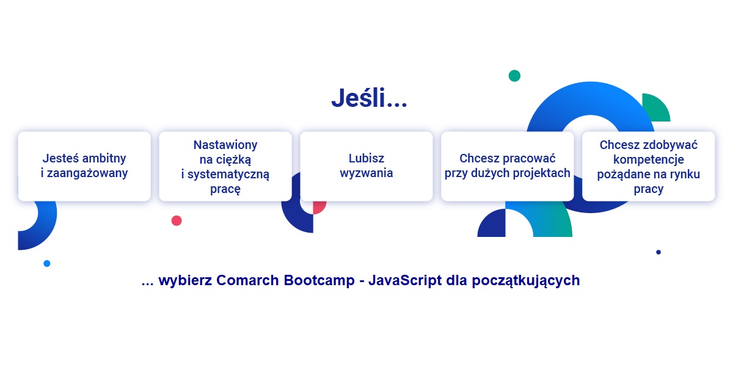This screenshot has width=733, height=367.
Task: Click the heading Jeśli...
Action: pyautogui.click(x=369, y=98)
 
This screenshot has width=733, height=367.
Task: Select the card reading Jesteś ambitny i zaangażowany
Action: pyautogui.click(x=84, y=166)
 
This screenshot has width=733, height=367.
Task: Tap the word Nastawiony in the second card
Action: pyautogui.click(x=225, y=145)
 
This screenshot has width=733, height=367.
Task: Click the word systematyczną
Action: pyautogui.click(x=228, y=174)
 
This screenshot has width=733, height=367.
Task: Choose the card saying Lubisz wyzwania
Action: pyautogui.click(x=366, y=166)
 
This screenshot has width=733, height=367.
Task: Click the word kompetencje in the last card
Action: pyautogui.click(x=649, y=159)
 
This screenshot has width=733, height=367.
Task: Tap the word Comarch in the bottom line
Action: pyautogui.click(x=247, y=280)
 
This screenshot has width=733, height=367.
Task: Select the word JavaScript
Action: pyautogui.click(x=405, y=280)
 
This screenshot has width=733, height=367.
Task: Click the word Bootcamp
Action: pyautogui.click(x=319, y=280)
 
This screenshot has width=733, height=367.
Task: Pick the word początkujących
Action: pyautogui.click(x=526, y=281)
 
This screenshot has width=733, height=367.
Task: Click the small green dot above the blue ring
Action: pyautogui.click(x=514, y=76)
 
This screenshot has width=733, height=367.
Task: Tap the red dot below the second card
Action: pyautogui.click(x=177, y=220)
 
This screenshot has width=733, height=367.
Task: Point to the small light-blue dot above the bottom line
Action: pyautogui.click(x=47, y=263)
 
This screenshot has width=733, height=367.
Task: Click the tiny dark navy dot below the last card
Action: pyautogui.click(x=658, y=252)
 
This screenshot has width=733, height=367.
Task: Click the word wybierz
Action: pyautogui.click(x=185, y=280)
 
